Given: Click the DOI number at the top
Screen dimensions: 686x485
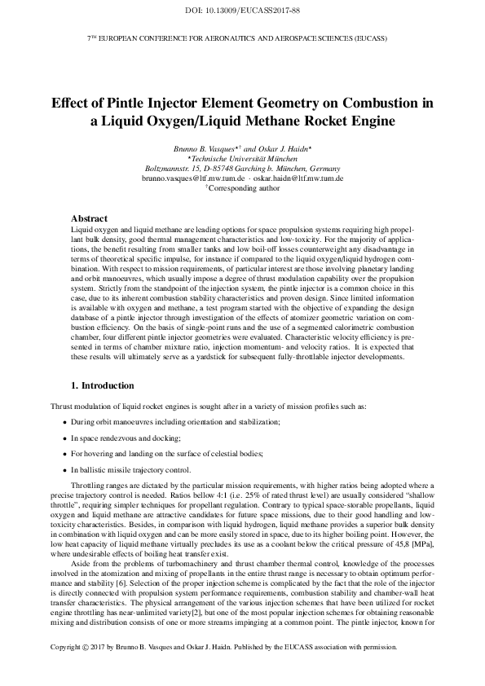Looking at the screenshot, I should click(x=242, y=11).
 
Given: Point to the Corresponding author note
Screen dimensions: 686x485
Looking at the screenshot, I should click(x=242, y=187).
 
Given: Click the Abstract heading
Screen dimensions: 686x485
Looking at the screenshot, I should click(x=90, y=219).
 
